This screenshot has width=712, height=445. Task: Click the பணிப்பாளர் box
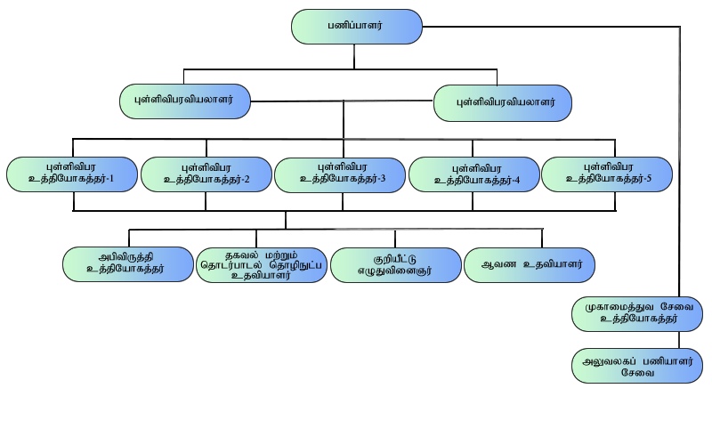356,27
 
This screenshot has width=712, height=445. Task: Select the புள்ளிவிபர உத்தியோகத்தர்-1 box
73,174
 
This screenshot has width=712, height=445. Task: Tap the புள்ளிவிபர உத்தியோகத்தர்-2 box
206,174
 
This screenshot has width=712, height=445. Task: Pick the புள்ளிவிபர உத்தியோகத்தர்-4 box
474,174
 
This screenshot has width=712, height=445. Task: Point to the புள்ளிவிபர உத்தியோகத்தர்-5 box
608,173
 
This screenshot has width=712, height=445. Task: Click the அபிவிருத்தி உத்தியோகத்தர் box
128,264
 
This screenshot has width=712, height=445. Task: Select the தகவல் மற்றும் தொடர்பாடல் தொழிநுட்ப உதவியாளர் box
262,264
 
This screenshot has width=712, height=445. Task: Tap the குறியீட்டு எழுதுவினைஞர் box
395,264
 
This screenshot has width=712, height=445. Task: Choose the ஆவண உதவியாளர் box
530,264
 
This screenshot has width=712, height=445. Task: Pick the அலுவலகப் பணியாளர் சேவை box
637,366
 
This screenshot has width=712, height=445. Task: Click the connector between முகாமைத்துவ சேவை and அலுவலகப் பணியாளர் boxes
678,339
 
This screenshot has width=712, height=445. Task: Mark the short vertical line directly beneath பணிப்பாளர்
355,56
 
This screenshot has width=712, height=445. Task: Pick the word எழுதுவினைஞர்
395,271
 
